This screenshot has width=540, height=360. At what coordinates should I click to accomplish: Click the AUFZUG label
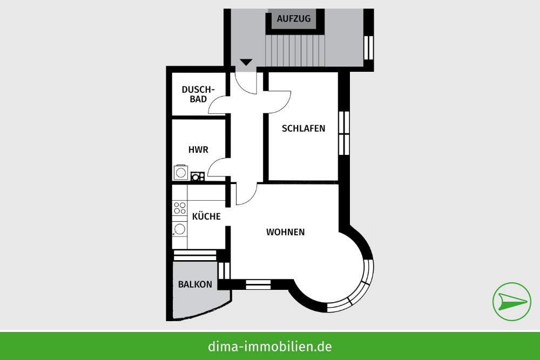tap(293, 18)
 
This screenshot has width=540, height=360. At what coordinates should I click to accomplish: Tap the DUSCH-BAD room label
tap(198, 94)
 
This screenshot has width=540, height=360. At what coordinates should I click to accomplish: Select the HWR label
tap(198, 150)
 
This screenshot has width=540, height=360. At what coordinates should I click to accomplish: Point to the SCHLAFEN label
tap(303, 128)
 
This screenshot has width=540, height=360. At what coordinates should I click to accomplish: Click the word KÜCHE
tap(206, 216)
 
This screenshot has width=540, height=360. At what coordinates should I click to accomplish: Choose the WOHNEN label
tap(286, 232)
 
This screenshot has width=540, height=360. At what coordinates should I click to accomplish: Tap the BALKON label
tap(195, 284)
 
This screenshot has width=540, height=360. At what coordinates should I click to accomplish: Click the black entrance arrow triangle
tap(246, 62)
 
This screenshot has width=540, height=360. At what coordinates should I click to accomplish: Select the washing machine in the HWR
tap(181, 172)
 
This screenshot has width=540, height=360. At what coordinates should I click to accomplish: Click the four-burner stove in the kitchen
tap(180, 208)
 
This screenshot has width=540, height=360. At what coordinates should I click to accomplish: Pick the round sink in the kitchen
tap(180, 229)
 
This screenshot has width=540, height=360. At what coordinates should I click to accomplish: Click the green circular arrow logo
tap(512, 302)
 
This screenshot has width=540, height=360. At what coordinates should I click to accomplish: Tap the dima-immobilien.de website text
tap(269, 346)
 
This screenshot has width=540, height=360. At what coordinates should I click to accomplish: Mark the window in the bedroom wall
tap(344, 133)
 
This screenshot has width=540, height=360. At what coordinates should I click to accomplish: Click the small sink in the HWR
tap(197, 176)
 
